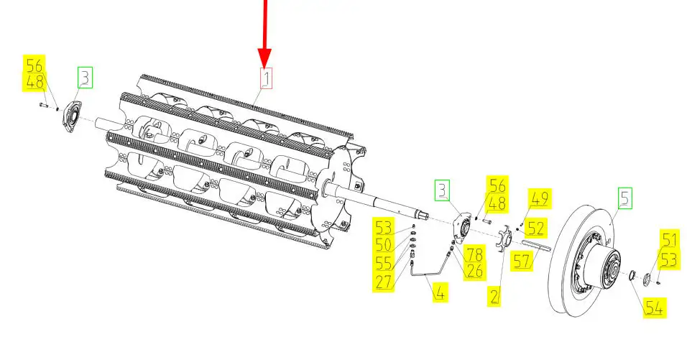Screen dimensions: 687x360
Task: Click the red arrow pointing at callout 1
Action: (264, 33)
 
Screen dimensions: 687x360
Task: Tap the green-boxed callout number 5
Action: (625, 198)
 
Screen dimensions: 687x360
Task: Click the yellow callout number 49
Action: (540, 199)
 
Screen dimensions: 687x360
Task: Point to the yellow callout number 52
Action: (535, 229)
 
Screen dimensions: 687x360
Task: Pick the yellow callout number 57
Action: (522, 262)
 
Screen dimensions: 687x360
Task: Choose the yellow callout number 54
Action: (654, 308)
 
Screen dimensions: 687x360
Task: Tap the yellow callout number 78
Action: (474, 254)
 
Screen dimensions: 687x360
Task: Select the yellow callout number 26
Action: (474, 271)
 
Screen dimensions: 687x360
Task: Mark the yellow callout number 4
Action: (441, 292)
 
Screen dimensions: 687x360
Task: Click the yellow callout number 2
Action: (494, 297)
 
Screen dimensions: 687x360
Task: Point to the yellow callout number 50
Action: (383, 245)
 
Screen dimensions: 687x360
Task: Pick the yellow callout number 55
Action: (383, 263)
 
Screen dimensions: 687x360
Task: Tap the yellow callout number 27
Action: (383, 282)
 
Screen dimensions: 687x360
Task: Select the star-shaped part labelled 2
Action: (504, 239)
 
